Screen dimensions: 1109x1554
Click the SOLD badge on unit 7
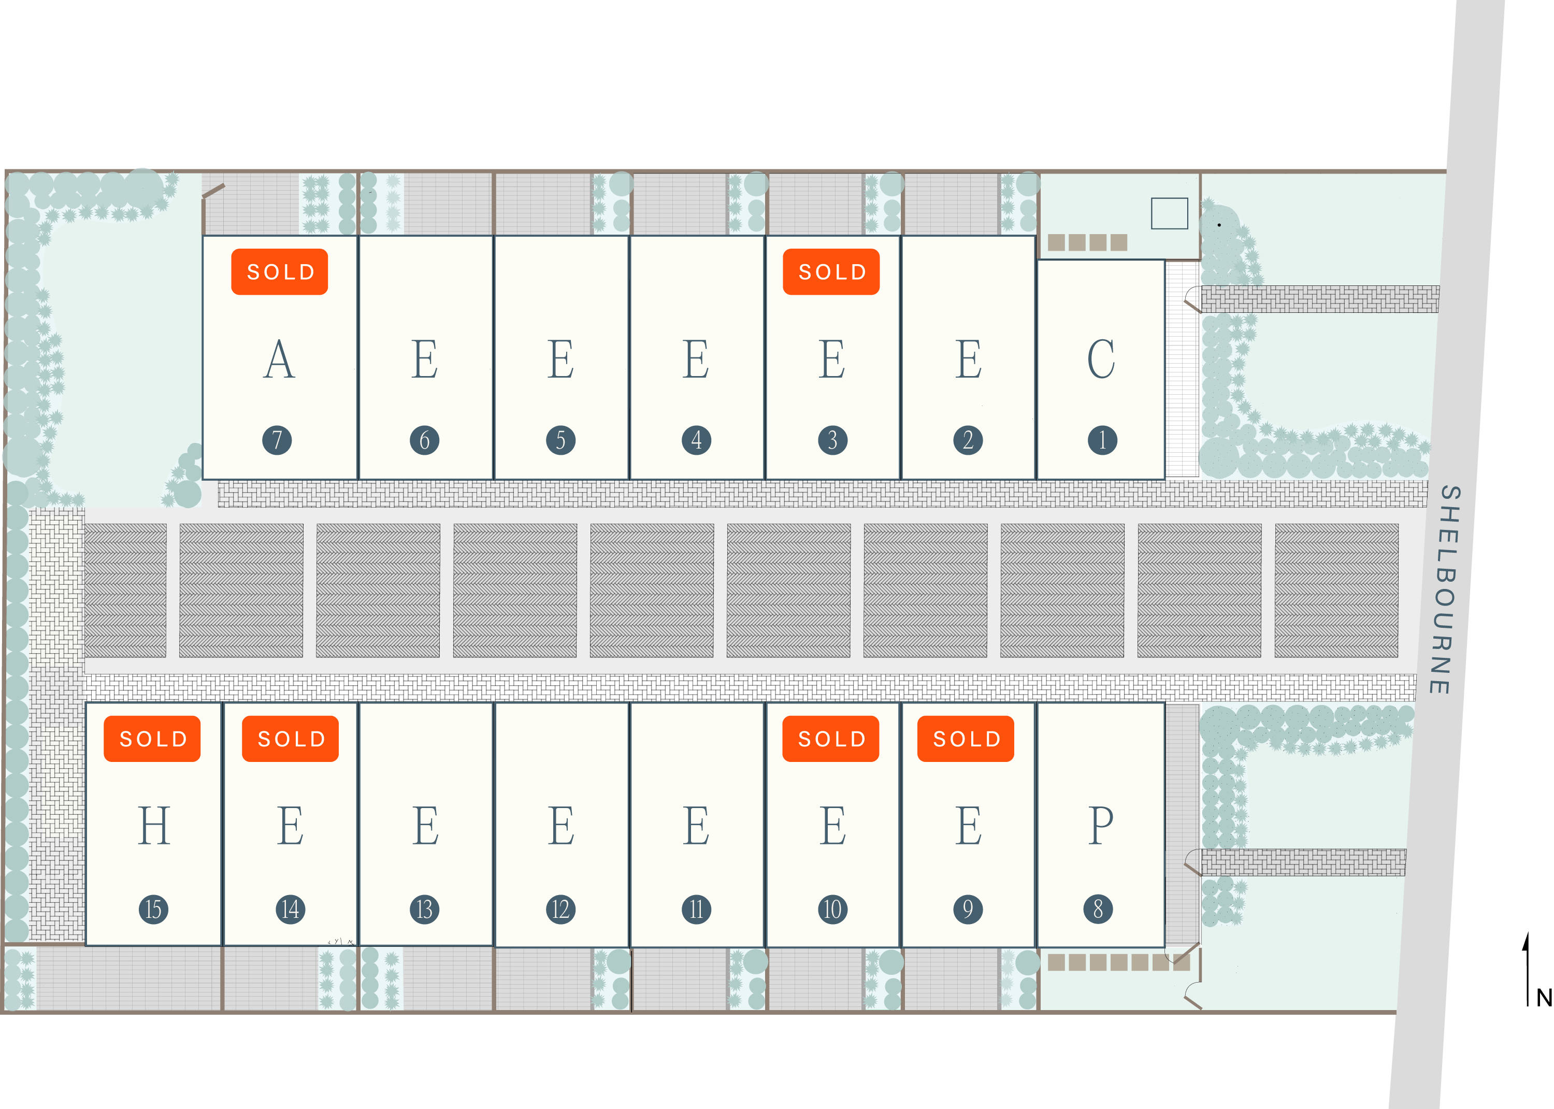point(279,272)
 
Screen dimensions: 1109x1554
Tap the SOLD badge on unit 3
point(831,272)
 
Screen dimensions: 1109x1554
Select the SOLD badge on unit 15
point(152,738)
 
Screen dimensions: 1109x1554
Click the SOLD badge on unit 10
point(830,738)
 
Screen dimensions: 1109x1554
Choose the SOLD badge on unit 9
point(966,738)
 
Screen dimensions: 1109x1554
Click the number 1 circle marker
point(1102,440)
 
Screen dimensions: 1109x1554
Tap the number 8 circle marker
point(1098,909)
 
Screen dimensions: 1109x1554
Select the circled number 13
point(425,910)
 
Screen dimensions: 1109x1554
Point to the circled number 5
point(560,440)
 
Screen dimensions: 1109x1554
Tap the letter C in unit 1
point(1101,358)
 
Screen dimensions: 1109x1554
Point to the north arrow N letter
point(1544,998)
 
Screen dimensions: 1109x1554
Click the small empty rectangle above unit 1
point(1169,213)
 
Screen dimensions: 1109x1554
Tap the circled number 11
point(696,910)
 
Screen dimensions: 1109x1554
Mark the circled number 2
point(968,440)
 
